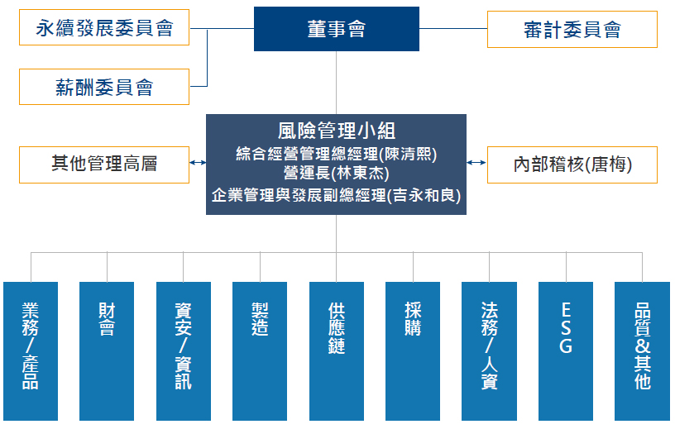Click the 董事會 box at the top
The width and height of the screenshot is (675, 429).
336,29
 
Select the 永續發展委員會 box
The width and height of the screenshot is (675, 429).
104,28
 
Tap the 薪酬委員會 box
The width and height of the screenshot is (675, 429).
104,86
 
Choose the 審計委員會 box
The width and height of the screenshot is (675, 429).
572,29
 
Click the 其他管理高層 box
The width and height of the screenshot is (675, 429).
104,164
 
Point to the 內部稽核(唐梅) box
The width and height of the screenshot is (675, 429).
572,164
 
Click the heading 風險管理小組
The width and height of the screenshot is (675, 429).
336,131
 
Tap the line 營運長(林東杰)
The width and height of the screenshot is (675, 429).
336,174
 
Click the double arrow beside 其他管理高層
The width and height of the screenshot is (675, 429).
198,163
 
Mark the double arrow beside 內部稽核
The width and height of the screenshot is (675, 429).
476,163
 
